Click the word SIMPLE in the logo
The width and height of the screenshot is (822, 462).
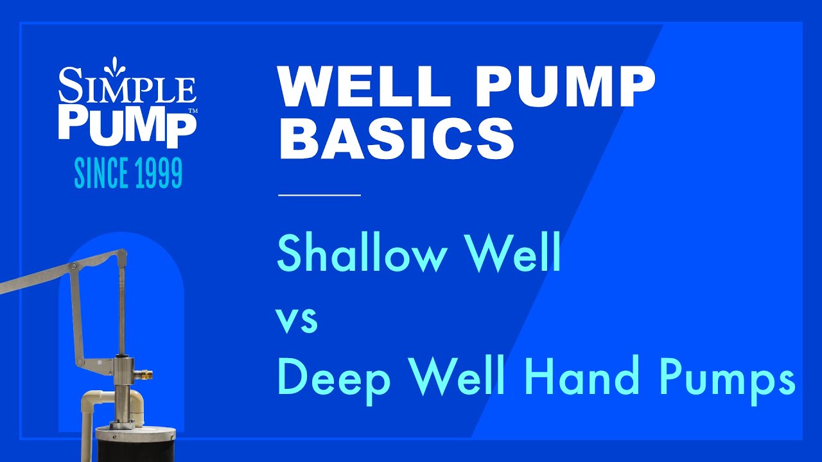[x=127, y=89]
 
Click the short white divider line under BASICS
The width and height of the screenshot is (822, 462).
[x=319, y=194]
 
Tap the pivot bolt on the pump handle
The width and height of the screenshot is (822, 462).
[x=74, y=266]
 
